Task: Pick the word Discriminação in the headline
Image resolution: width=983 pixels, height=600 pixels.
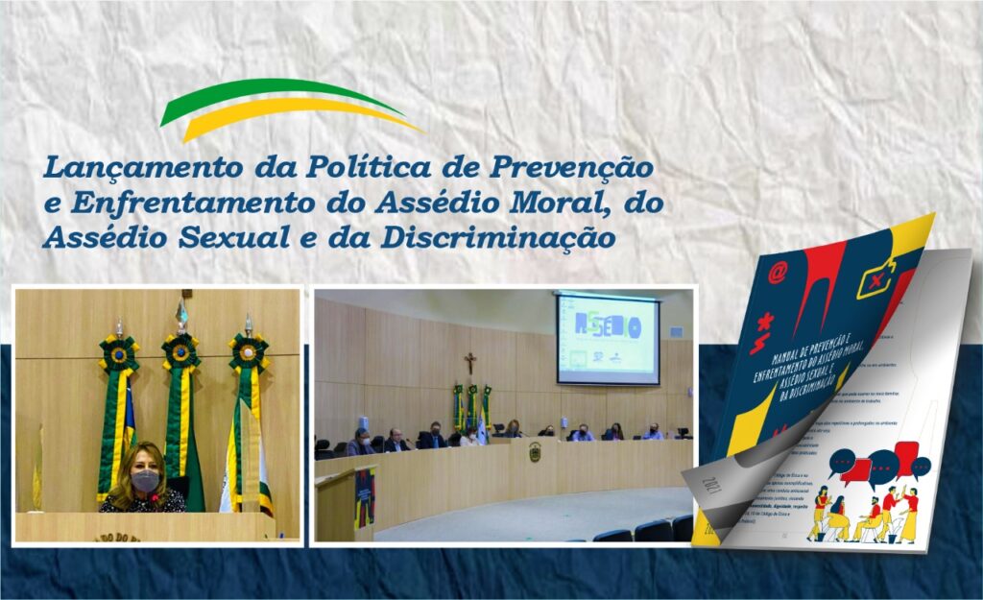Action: point(499,237)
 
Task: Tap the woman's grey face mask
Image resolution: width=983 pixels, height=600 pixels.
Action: point(145,481)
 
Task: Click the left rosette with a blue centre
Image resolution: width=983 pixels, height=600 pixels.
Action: point(119,354)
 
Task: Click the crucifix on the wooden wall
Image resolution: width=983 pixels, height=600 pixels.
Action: point(470,363)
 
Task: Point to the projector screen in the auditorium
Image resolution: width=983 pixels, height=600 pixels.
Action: point(608,339)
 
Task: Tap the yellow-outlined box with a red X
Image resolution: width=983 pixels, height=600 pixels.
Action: point(880,278)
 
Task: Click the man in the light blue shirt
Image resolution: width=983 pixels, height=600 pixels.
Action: point(654,433)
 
